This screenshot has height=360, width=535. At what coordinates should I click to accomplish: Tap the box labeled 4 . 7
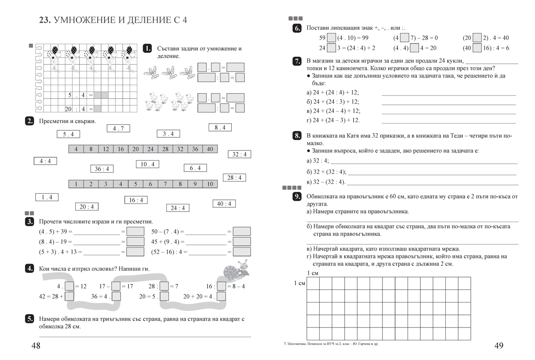pyautogui.click(x=118, y=128)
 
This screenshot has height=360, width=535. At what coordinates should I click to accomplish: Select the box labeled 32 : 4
pyautogui.click(x=239, y=154)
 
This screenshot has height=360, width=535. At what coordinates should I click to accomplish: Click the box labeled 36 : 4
pyautogui.click(x=102, y=169)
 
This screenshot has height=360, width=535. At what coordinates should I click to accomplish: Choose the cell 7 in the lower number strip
pyautogui.click(x=150, y=184)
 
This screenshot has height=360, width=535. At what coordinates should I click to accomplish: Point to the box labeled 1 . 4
pyautogui.click(x=47, y=197)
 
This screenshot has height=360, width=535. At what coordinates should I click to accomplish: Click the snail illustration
pyautogui.click(x=236, y=269)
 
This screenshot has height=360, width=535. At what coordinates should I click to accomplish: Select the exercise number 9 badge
pyautogui.click(x=297, y=197)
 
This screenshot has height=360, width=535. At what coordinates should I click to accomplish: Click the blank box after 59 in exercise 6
pyautogui.click(x=331, y=38)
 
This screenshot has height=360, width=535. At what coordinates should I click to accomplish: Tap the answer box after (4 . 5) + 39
pyautogui.click(x=136, y=232)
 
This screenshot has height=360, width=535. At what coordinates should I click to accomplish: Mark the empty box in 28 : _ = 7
pyautogui.click(x=164, y=286)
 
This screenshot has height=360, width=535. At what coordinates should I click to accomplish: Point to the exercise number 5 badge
pyautogui.click(x=29, y=319)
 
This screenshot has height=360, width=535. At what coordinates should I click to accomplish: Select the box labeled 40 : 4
pyautogui.click(x=224, y=204)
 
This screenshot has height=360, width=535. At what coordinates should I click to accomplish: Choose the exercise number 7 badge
pyautogui.click(x=297, y=62)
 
